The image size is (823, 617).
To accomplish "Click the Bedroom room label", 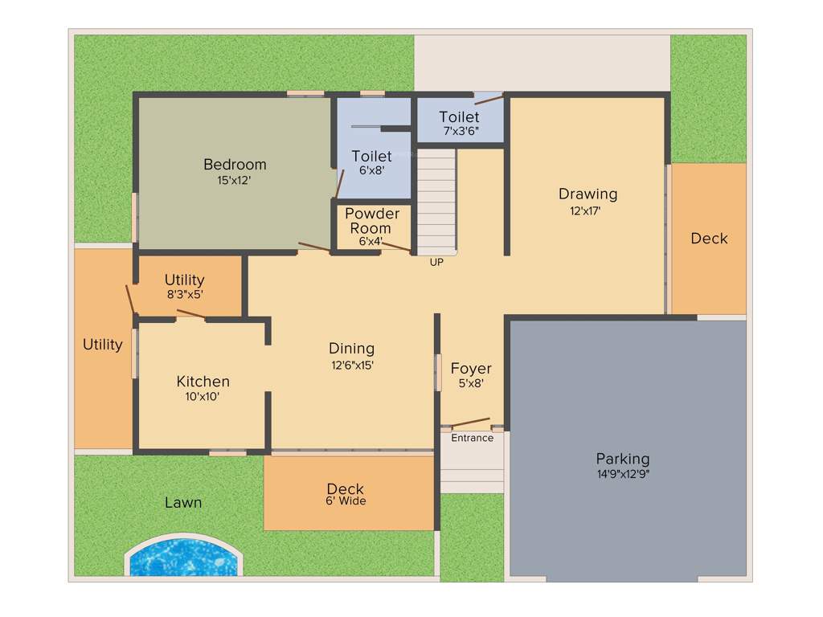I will click(x=235, y=165).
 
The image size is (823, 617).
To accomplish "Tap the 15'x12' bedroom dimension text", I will click(x=235, y=181).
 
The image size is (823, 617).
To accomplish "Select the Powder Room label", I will click(x=372, y=221).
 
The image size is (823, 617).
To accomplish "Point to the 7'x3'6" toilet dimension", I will click(x=461, y=131).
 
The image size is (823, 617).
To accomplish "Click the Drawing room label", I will click(x=588, y=194).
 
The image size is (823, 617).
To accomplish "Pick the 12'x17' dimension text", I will click(x=586, y=211).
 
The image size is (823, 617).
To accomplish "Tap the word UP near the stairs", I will click(x=436, y=262).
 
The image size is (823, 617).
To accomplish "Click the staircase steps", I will click(x=436, y=201).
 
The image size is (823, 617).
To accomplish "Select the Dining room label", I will click(x=352, y=349).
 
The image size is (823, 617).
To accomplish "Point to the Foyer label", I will click(x=471, y=369).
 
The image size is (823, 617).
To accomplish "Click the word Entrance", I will click(x=472, y=438).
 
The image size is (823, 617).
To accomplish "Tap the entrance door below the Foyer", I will click(x=471, y=423).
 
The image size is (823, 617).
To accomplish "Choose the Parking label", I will click(x=623, y=459).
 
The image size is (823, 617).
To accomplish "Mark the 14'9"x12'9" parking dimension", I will click(x=622, y=474).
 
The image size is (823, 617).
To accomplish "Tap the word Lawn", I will click(x=183, y=503).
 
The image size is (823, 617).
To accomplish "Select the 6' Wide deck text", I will click(x=346, y=501).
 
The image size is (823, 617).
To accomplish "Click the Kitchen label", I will click(x=203, y=382).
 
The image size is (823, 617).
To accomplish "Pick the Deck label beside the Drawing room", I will click(x=709, y=239).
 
